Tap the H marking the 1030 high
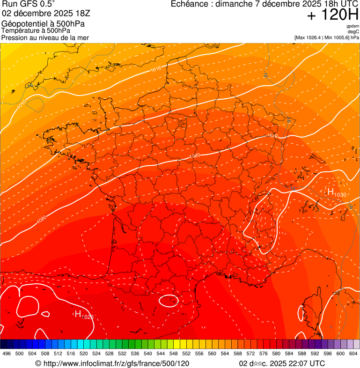point(331,192)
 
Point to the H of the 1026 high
point(78,314)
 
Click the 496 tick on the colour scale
point(7,353)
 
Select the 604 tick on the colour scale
point(353,353)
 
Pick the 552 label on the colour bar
point(186,353)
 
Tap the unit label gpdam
point(353,26)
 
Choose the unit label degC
point(353,31)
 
